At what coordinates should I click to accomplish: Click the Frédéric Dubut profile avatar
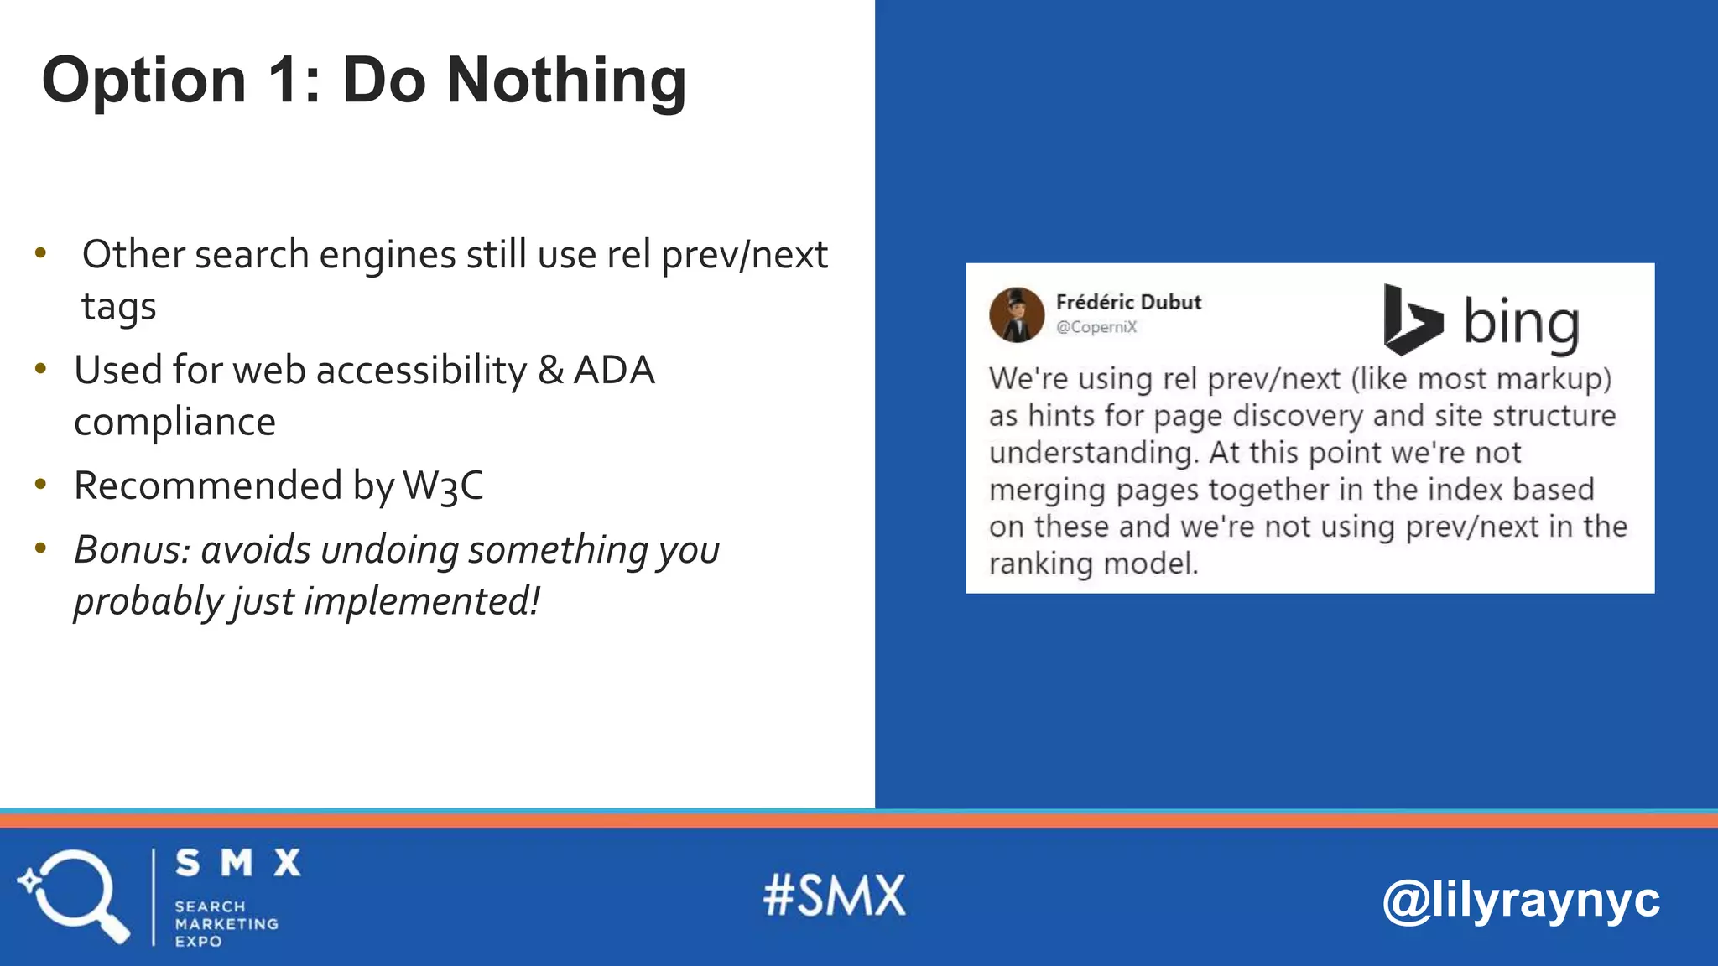1017,315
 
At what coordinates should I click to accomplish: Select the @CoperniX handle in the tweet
1096,327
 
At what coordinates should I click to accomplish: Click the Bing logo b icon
1411,319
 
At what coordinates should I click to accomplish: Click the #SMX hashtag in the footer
835,896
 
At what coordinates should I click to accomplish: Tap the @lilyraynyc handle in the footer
1520,901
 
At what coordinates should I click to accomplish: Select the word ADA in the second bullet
613,371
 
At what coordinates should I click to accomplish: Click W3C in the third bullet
443,486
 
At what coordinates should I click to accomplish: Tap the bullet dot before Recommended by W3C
40,484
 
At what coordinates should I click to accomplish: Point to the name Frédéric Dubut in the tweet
1128,302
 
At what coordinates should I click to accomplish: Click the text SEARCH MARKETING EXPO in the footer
226,923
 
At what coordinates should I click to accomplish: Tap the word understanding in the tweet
1093,454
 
